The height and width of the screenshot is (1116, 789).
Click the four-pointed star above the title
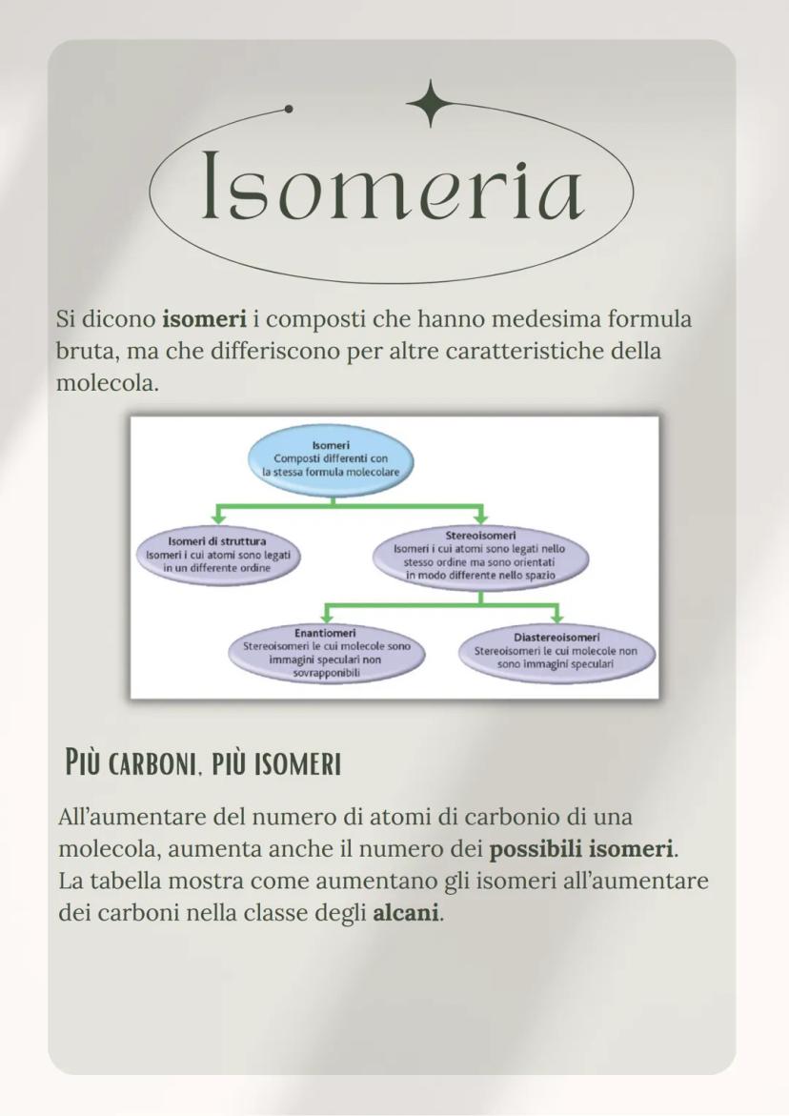click(x=432, y=102)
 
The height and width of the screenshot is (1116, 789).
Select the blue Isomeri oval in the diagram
click(x=331, y=457)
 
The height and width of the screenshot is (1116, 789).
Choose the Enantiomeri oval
click(x=325, y=653)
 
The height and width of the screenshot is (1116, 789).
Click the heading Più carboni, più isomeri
click(x=203, y=763)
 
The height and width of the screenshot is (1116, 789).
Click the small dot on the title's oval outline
click(x=290, y=108)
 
